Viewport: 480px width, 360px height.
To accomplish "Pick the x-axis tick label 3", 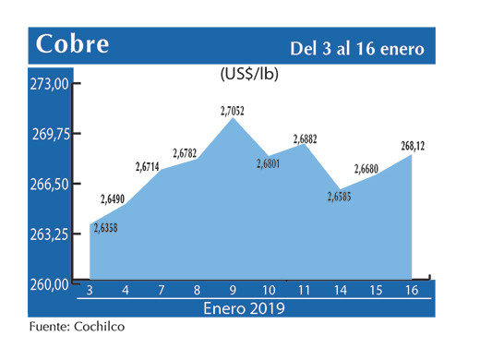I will pos(90,292).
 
